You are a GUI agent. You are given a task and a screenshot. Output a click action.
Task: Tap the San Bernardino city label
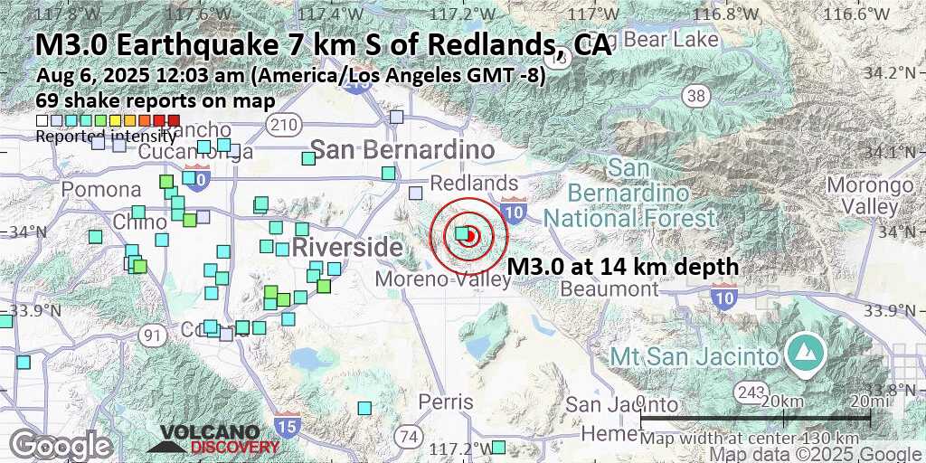click(402, 149)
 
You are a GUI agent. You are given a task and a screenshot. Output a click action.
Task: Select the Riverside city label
click(346, 247)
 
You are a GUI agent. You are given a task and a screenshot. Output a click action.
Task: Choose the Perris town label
click(446, 401)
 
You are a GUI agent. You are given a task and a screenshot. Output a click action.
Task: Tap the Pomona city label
click(101, 190)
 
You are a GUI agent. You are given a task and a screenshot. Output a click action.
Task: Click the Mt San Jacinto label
click(694, 355)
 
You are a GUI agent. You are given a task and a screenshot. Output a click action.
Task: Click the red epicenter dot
click(469, 235)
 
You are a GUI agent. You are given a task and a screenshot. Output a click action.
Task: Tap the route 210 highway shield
click(286, 122)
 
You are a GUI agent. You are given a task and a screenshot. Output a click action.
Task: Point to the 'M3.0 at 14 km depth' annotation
click(623, 267)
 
